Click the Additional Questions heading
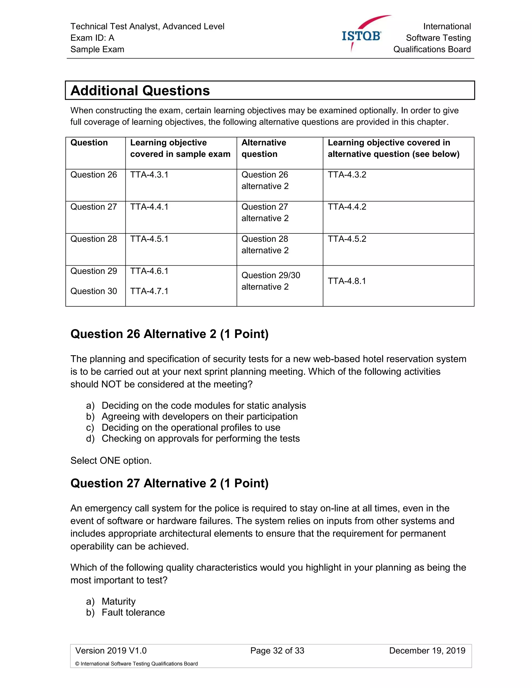point(140,91)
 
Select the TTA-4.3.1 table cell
point(149,175)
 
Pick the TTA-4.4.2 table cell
point(347,207)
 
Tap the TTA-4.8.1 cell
point(347,281)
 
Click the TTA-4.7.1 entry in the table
point(149,291)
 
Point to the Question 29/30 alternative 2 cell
point(271,281)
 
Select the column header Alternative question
point(264,148)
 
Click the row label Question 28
point(94,239)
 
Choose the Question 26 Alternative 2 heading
point(170,334)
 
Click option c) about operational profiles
point(191,428)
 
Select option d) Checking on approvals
point(201,439)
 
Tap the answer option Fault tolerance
point(133,612)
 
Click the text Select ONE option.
point(111,461)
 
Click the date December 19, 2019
point(427,651)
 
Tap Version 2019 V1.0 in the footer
point(111,651)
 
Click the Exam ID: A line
point(92,38)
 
